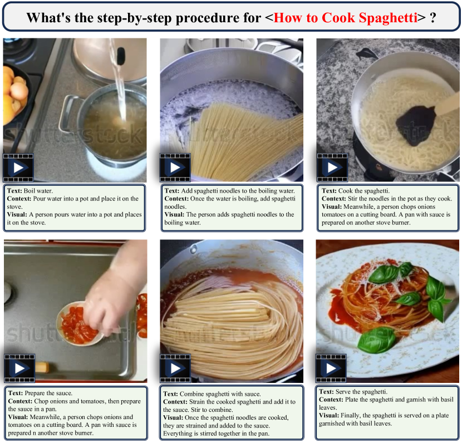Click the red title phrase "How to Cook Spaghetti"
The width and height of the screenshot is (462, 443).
click(x=345, y=18)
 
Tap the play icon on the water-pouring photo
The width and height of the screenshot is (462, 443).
click(x=18, y=168)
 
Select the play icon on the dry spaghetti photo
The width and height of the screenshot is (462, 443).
click(x=175, y=168)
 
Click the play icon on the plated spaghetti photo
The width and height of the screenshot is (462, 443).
click(x=331, y=368)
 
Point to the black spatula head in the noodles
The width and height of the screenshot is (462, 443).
click(x=415, y=125)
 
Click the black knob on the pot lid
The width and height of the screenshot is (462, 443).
click(x=121, y=56)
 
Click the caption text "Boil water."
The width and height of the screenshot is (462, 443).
click(x=38, y=190)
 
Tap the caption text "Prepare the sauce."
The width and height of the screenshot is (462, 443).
click(x=48, y=393)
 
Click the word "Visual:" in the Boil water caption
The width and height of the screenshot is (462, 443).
click(x=17, y=214)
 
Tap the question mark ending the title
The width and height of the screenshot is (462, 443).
click(x=433, y=18)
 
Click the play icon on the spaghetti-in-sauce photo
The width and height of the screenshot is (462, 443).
click(x=175, y=368)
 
